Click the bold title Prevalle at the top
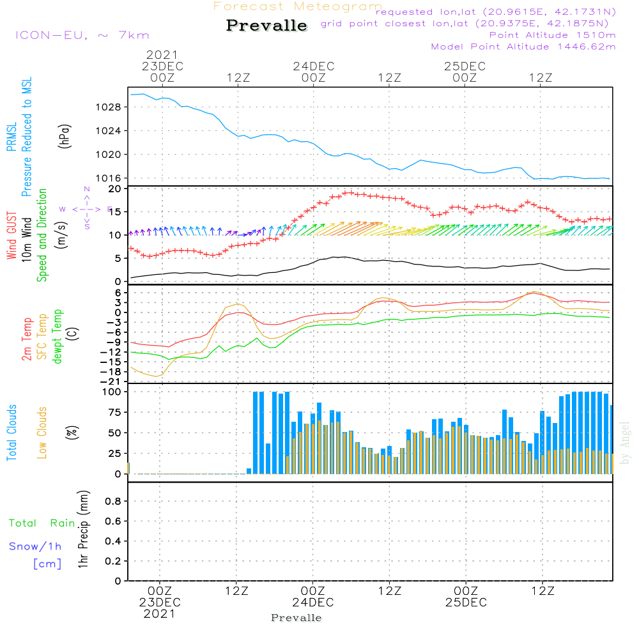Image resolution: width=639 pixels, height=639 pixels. (x=266, y=26)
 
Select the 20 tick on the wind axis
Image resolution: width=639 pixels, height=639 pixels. (x=114, y=189)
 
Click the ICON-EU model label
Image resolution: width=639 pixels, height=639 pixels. (x=82, y=35)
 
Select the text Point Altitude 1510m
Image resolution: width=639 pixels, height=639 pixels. (x=552, y=35)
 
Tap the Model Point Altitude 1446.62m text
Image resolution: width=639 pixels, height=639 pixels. (x=523, y=47)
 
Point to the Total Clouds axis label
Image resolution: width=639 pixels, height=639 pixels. (x=12, y=433)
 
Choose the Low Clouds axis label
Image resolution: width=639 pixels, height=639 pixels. (x=42, y=433)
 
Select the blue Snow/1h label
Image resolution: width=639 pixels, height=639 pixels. (x=36, y=546)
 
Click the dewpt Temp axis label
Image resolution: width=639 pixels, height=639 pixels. (x=58, y=337)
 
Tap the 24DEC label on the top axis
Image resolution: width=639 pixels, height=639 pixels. (x=314, y=66)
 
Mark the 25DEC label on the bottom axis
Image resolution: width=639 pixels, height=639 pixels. (x=466, y=603)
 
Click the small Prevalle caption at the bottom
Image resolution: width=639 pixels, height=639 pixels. (x=296, y=618)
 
